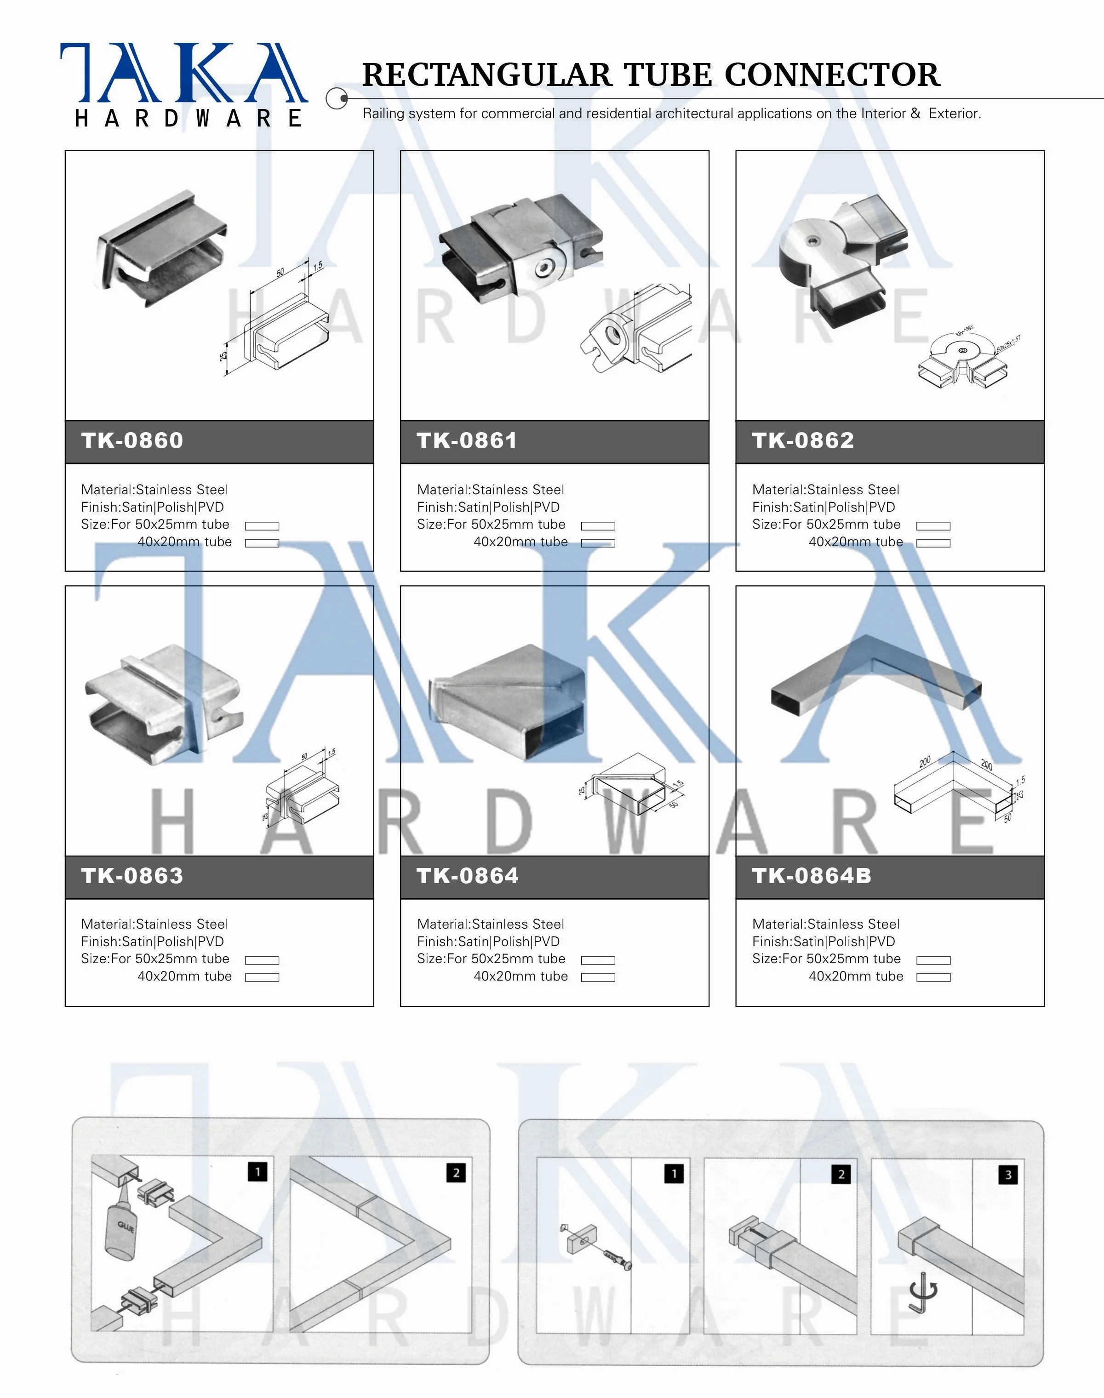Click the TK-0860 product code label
[x=132, y=441]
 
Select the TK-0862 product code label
[x=802, y=441]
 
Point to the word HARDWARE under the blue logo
[x=188, y=118]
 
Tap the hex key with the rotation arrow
[x=921, y=1293]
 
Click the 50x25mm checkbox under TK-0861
[x=597, y=526]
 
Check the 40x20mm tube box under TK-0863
[x=262, y=977]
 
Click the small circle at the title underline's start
[x=336, y=99]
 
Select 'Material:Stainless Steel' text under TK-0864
[x=490, y=924]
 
